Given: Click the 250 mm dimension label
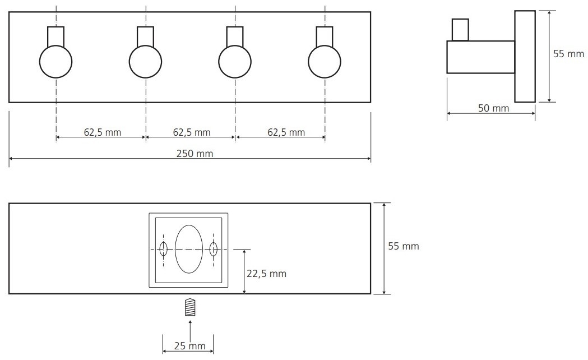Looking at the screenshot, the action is (195, 154).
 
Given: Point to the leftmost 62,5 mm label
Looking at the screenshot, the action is (103, 132).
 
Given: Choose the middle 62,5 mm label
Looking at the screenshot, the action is (192, 132).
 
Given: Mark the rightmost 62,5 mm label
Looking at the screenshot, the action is (286, 132).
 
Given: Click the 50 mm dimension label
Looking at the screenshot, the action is (493, 108).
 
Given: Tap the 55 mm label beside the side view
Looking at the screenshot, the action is (568, 54).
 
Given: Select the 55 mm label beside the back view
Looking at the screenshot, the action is (404, 246).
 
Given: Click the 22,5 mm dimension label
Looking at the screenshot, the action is (267, 274).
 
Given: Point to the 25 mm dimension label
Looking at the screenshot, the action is (190, 346).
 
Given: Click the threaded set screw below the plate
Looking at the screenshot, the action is (191, 307).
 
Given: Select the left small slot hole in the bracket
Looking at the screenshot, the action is (164, 249).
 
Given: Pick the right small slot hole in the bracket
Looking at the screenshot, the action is (214, 249).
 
